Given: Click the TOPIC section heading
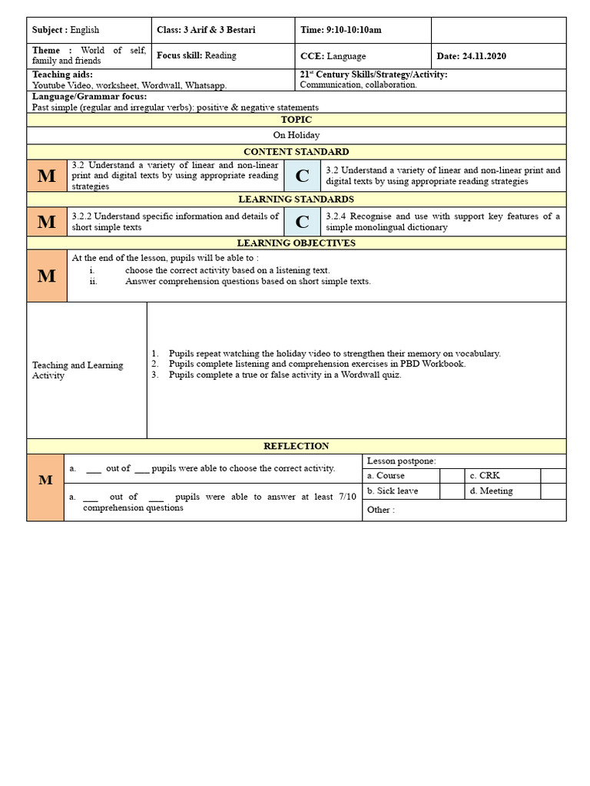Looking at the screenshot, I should point(296,120).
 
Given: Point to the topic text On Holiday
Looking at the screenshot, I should point(296,135).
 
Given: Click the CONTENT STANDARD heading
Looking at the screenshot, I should point(296,152).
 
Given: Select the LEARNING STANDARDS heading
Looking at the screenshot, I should point(296,200).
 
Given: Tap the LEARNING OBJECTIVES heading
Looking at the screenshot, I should point(296,243).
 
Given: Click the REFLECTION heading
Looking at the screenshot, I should point(296,446).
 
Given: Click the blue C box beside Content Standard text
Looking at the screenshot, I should point(302,176).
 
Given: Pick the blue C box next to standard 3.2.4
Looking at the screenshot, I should point(302,222).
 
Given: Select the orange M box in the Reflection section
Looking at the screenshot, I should point(45,480).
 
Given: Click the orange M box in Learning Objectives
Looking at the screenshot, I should point(47,276).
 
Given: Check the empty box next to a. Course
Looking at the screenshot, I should point(452,476).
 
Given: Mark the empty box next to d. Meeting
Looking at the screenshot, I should point(553,491).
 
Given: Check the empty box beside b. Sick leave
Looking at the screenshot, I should point(452,491).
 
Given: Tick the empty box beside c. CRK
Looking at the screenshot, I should point(553,476).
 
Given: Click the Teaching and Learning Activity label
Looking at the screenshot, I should point(77,371).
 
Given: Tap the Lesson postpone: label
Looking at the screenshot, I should point(401,461).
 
